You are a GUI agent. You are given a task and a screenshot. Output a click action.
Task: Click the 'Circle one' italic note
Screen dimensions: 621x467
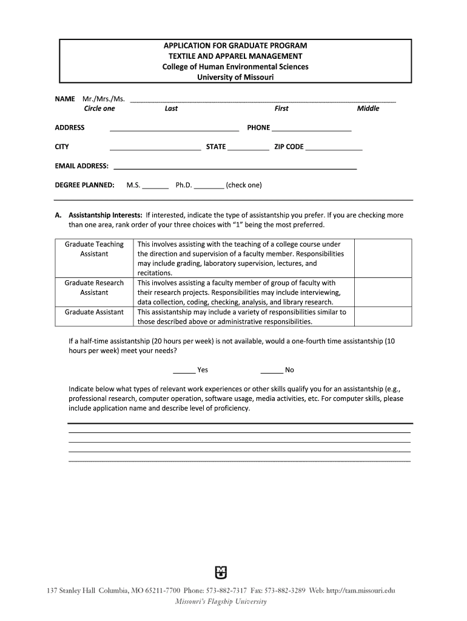pos(99,109)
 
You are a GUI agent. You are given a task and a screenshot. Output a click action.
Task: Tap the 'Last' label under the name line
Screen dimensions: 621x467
pos(171,109)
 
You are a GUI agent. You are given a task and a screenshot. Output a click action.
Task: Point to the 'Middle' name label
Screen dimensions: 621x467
pos(368,109)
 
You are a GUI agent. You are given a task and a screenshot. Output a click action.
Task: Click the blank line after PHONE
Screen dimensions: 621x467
pos(312,129)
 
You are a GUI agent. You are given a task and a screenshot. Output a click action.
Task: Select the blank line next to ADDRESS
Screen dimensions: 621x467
pos(174,129)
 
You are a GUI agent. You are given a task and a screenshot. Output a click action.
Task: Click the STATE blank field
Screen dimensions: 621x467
pos(249,147)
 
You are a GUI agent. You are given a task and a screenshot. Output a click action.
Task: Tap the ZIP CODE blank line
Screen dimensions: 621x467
pos(334,147)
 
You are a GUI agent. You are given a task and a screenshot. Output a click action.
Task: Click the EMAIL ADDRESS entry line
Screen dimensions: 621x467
pos(235,167)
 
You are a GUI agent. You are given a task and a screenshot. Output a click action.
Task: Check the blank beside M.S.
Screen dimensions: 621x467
pos(155,186)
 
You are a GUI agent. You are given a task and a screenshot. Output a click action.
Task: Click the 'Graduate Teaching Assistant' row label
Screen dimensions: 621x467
pos(94,249)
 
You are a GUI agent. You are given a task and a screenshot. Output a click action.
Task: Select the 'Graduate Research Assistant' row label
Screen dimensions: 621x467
pos(94,287)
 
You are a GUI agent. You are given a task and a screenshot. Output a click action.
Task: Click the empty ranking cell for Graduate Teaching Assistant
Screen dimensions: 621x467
pos(383,258)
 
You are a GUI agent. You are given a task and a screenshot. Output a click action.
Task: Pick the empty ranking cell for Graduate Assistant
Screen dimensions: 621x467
pos(383,317)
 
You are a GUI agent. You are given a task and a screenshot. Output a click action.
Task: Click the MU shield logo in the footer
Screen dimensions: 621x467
pos(221,572)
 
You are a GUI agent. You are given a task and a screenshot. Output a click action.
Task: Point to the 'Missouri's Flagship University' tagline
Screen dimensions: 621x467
pos(221,602)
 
